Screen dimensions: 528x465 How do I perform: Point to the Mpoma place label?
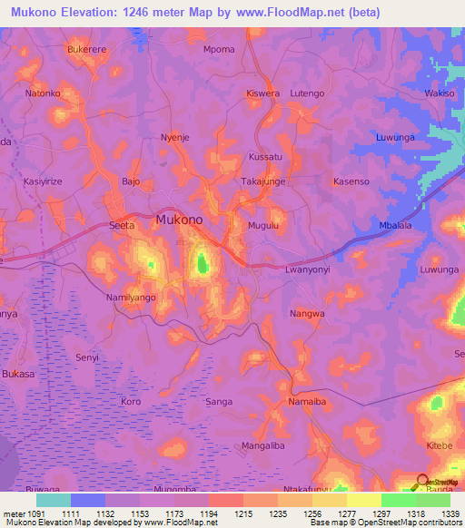point(219,49)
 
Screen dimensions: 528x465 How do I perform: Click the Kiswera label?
point(263,93)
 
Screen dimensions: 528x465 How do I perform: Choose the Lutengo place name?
point(306,93)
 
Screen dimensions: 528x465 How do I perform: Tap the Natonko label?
point(43,93)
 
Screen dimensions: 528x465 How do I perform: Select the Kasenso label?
point(351,181)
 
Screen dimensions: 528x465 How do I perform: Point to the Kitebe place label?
point(440,445)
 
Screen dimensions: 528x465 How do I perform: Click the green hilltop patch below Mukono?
point(202,264)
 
